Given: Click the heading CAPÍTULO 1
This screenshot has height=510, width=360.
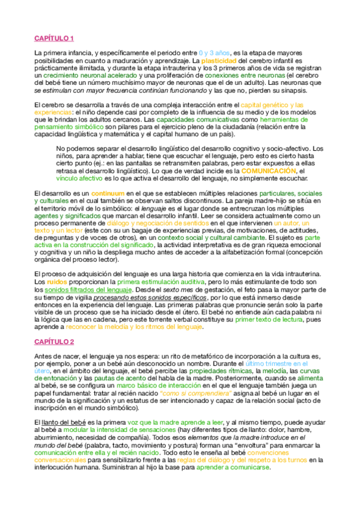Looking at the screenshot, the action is [53, 39].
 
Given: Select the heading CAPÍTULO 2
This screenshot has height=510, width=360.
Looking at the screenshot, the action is [53, 342].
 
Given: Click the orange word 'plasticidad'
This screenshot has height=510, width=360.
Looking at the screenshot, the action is [219, 61].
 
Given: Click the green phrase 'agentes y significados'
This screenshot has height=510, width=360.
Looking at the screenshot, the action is [67, 215].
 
